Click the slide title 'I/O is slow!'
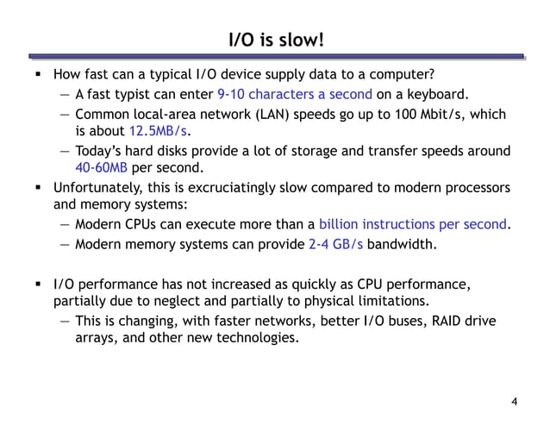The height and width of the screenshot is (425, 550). point(275,40)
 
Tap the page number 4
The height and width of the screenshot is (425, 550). point(515,402)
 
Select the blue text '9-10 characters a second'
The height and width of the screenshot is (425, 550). point(295,94)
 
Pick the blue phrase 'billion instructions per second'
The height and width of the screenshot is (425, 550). point(412,225)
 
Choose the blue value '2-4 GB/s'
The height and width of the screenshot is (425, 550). point(334,244)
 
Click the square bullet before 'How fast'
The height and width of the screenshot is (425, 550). point(40,75)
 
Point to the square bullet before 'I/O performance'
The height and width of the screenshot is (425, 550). point(40,283)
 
